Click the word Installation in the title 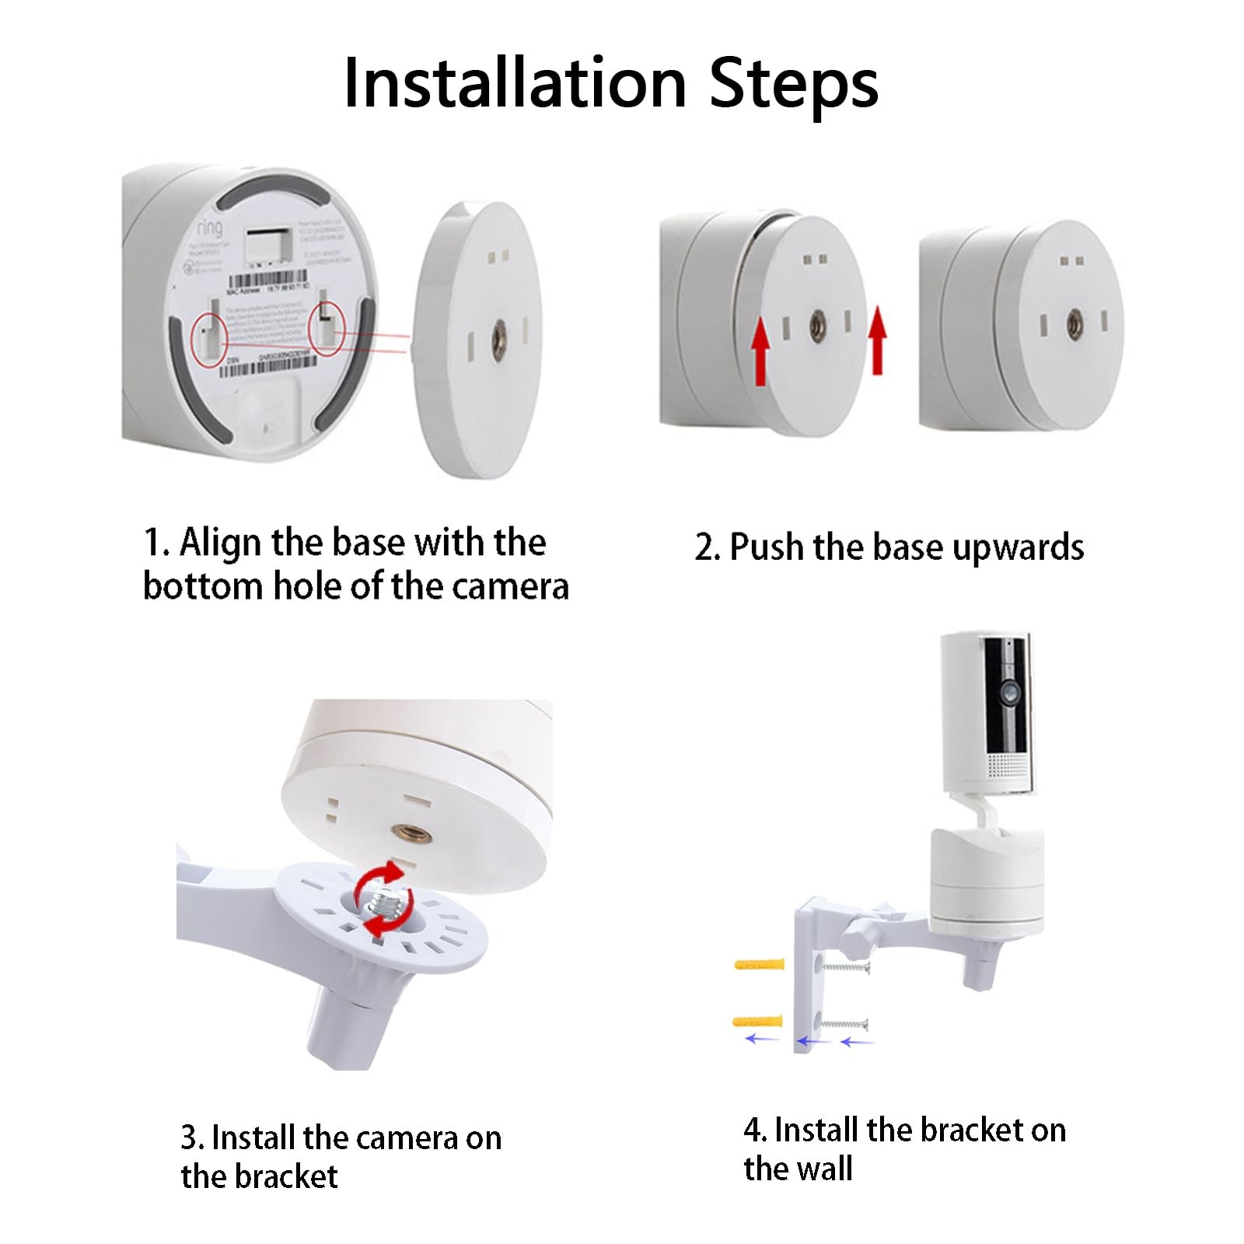[515, 83]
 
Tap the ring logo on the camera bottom [209, 227]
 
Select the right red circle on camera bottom [327, 326]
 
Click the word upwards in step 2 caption [1018, 547]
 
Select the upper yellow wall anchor [759, 965]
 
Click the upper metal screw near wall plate [845, 968]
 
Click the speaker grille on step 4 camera [1008, 767]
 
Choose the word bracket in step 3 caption [286, 1177]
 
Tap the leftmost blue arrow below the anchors [761, 1039]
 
